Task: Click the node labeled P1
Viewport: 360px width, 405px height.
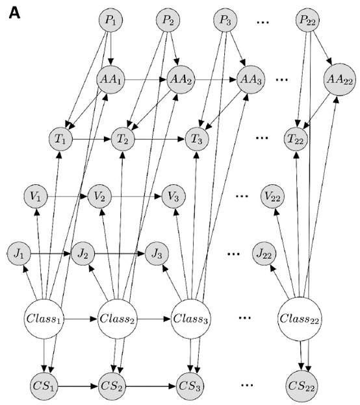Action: tap(110, 20)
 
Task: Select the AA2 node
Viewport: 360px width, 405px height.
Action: tap(181, 80)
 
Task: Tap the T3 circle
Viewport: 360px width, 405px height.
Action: tap(197, 140)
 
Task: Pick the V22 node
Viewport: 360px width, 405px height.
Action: tap(272, 197)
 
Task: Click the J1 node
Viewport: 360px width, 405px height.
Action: tap(19, 254)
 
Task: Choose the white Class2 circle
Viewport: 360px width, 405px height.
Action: tap(117, 319)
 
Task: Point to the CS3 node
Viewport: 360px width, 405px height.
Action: tap(190, 387)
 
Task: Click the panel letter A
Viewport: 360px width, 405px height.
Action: tap(14, 13)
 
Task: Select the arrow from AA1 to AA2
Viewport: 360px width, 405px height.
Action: tap(146, 80)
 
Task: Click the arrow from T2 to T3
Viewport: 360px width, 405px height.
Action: tap(160, 140)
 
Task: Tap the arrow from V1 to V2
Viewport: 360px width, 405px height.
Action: tap(68, 197)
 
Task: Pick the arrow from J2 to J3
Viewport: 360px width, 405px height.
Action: tap(120, 254)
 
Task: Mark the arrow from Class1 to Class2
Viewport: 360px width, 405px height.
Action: tap(81, 319)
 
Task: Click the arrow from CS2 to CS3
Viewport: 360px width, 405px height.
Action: tap(151, 387)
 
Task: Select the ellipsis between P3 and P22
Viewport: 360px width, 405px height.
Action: tap(263, 22)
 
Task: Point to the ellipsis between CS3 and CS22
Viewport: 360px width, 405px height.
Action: tap(247, 385)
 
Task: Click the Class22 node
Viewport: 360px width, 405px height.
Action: tap(299, 319)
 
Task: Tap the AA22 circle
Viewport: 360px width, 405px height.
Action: tap(340, 80)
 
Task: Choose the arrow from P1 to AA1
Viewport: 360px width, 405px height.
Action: tap(110, 49)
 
